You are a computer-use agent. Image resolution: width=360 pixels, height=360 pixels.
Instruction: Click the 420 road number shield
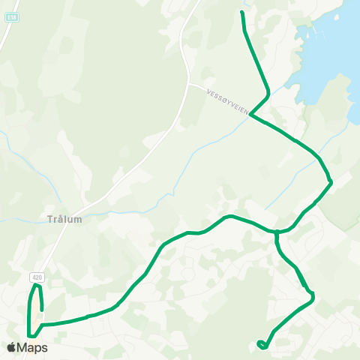[x=37, y=277]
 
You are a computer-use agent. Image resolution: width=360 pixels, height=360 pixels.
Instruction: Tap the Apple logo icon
[x=11, y=347]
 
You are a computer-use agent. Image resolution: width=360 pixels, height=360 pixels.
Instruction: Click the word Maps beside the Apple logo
[x=33, y=347]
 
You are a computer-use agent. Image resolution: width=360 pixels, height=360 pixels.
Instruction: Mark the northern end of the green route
[x=241, y=13]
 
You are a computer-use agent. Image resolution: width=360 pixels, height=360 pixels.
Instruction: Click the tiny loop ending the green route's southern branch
[x=260, y=344]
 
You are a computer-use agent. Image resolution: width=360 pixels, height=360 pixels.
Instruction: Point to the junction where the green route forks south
[x=277, y=232]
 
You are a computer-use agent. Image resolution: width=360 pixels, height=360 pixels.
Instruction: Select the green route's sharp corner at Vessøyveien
[x=250, y=115]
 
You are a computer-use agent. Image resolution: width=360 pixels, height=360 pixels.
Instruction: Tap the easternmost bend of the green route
[x=331, y=181]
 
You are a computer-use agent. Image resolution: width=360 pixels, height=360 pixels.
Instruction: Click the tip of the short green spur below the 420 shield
[x=42, y=309]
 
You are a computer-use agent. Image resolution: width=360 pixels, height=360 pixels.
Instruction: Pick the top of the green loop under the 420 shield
[x=35, y=286]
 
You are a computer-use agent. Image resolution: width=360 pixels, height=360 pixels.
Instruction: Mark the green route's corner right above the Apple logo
[x=29, y=335]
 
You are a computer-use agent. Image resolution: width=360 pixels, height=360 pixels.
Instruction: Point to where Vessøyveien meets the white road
[x=188, y=84]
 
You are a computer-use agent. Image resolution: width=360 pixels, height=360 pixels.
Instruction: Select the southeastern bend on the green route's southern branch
[x=312, y=298]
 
